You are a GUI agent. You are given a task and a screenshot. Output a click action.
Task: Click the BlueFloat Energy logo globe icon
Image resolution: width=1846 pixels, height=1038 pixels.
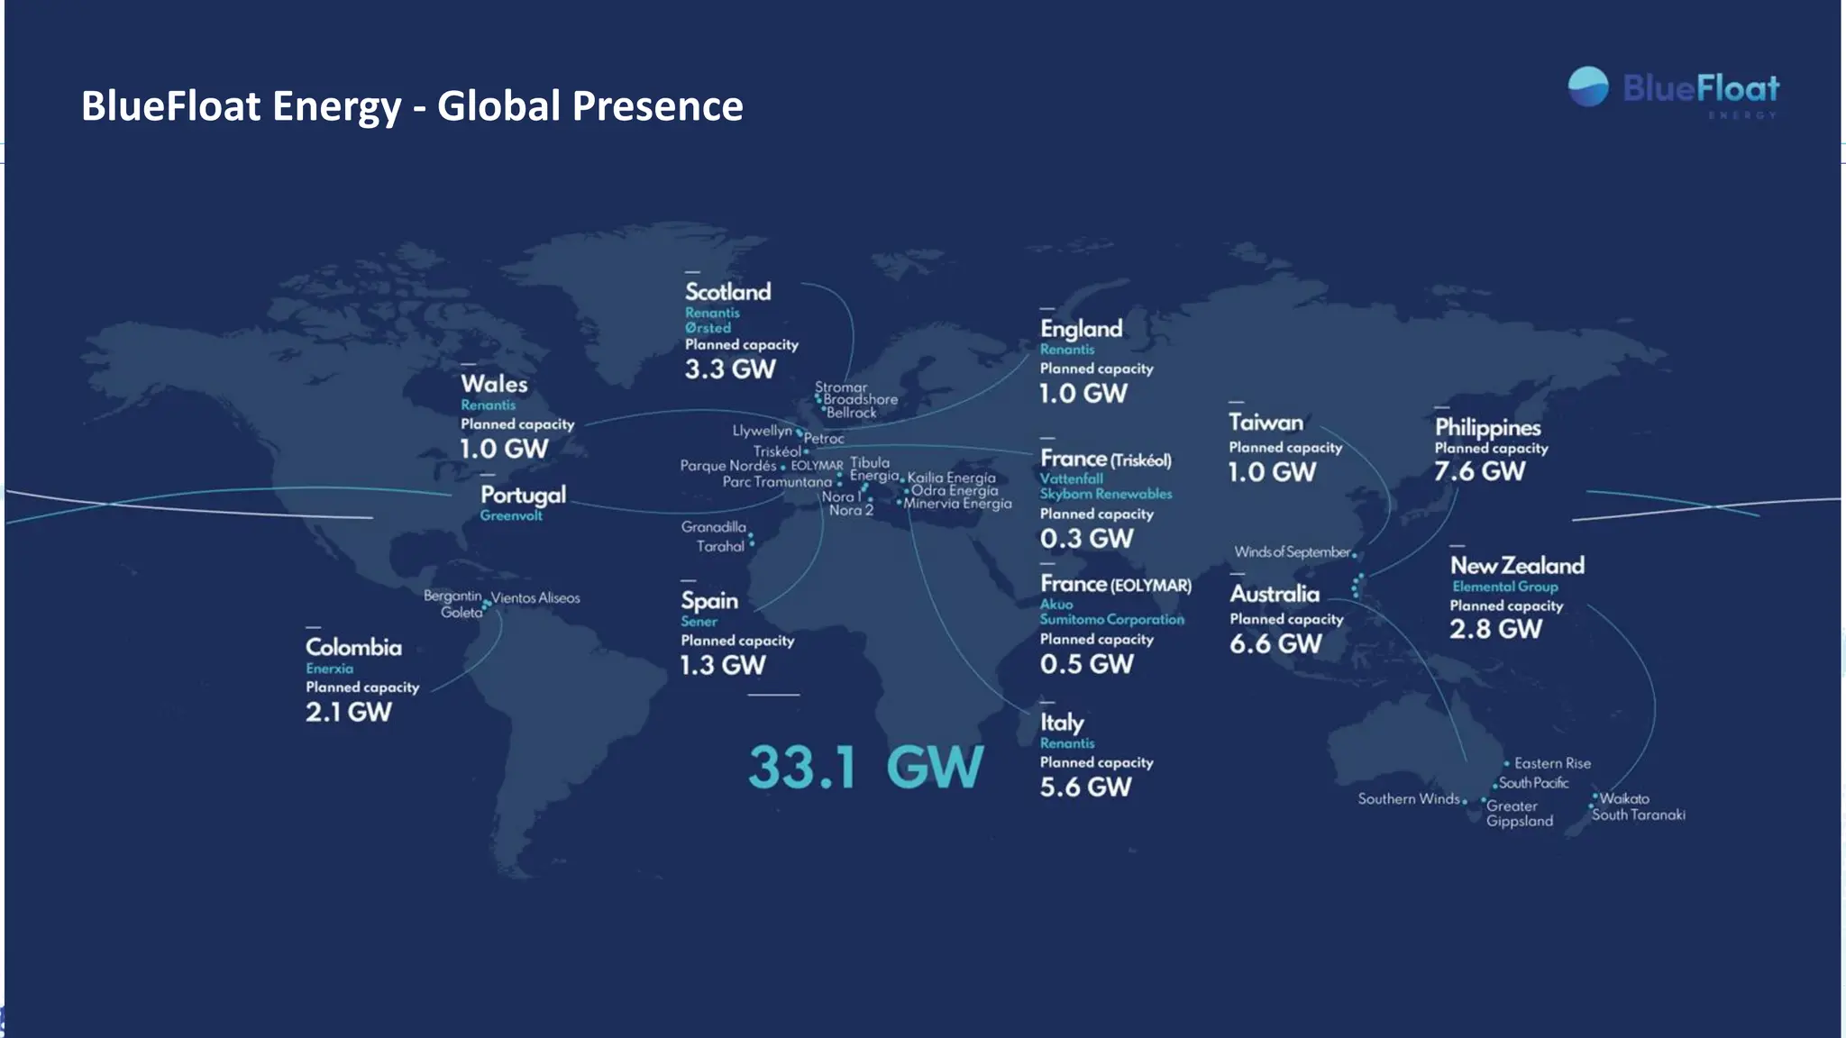click(x=1587, y=87)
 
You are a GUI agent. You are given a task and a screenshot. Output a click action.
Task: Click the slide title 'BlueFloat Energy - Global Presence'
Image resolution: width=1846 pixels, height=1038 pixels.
click(x=412, y=105)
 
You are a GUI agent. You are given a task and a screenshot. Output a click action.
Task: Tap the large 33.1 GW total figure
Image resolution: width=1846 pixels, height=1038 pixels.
click(x=864, y=768)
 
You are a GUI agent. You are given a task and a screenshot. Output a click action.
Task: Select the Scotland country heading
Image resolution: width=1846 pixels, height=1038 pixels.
click(x=727, y=292)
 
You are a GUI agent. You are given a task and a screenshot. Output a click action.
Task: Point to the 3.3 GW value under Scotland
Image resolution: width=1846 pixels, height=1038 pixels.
click(x=729, y=369)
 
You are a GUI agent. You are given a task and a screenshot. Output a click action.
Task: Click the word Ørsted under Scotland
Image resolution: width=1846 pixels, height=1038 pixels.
click(x=708, y=328)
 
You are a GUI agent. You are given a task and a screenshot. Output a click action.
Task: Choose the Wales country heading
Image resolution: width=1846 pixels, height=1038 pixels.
click(x=494, y=384)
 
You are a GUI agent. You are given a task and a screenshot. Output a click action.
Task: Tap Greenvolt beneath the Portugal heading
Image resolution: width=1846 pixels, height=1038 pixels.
click(x=511, y=515)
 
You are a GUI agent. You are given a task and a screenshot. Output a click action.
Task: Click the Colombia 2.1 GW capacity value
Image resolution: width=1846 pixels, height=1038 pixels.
click(x=348, y=712)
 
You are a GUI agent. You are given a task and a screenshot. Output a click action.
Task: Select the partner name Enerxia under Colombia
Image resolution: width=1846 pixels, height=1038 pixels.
click(x=329, y=669)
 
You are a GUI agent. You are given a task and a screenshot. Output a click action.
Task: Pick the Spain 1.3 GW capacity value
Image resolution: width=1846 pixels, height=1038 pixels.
click(x=722, y=665)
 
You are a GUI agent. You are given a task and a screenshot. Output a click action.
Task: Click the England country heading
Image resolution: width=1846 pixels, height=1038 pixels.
click(x=1081, y=329)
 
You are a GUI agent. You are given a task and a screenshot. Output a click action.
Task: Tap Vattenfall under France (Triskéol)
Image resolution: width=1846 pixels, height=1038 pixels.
click(x=1071, y=478)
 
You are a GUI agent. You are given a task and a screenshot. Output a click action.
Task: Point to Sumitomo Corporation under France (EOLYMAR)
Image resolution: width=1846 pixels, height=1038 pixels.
click(x=1111, y=619)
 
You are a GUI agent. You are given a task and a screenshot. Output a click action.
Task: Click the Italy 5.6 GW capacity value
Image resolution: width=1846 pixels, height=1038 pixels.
click(x=1085, y=787)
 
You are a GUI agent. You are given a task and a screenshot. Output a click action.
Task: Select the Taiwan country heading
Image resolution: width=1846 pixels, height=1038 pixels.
click(x=1266, y=423)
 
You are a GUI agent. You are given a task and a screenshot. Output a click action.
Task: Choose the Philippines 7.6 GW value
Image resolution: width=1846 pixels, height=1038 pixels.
click(x=1479, y=471)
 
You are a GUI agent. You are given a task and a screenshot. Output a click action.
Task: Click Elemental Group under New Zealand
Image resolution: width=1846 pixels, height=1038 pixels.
click(x=1504, y=587)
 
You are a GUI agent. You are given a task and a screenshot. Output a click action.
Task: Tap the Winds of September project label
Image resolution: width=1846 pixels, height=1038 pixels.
click(x=1292, y=551)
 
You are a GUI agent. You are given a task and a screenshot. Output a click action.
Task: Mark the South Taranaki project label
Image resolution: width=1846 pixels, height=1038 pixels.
click(x=1638, y=815)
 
